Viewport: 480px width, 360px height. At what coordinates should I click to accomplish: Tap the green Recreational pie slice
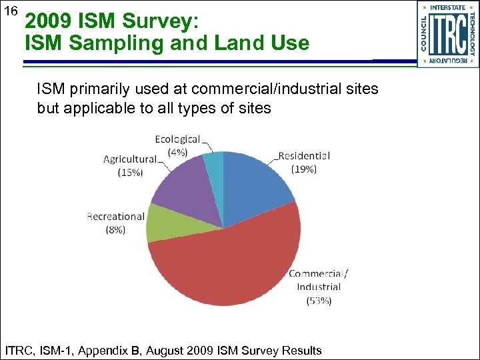[160, 221]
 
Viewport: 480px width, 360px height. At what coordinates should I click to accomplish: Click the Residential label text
[303, 156]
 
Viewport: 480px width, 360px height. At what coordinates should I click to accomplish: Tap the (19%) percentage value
[304, 169]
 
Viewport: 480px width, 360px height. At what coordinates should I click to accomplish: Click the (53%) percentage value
[319, 301]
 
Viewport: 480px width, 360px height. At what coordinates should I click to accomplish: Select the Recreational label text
[115, 216]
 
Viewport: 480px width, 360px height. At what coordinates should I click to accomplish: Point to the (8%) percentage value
[115, 229]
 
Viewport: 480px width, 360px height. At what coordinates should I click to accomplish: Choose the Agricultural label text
[129, 159]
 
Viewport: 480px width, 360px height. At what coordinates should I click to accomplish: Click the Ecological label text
[177, 139]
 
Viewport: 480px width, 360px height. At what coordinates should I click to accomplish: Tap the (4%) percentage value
[177, 151]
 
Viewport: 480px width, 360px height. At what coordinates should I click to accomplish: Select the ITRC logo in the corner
[447, 34]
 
